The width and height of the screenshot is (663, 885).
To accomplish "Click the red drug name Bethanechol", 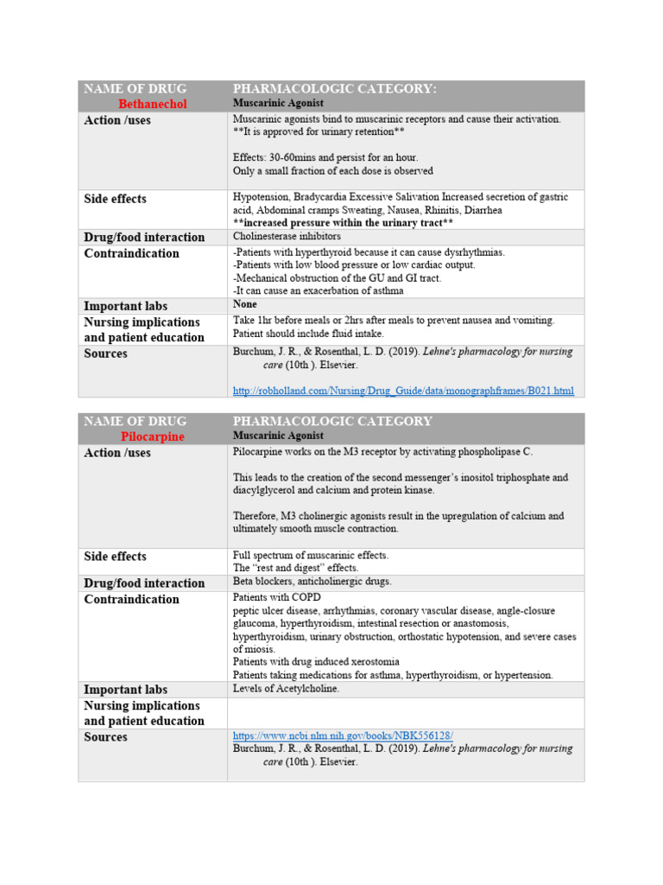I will point(152,104).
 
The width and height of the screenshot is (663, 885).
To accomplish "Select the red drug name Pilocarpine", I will point(152,436).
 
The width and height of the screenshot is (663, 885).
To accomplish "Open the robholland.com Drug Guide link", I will point(403,391).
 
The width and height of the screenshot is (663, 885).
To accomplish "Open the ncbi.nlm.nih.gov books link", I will point(343,735).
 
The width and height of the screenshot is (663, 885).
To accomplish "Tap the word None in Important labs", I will point(244,305).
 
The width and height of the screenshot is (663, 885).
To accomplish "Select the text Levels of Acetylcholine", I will point(287,689).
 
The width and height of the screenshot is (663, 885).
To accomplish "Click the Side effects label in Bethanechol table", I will point(115,199).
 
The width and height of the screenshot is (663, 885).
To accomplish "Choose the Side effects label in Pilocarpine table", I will point(115,557).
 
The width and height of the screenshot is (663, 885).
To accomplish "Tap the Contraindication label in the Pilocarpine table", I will point(131,599).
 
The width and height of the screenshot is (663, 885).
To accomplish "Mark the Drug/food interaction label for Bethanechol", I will point(144,237).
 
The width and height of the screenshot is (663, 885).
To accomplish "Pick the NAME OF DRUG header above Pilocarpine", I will point(134,421).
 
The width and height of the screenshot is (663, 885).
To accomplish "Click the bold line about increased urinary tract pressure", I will point(343,223).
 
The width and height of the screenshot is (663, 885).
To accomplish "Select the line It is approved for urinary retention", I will point(319,132).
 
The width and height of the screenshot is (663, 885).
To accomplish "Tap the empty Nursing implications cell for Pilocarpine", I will point(405,713).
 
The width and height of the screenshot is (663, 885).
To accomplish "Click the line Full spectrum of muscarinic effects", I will point(311,555).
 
